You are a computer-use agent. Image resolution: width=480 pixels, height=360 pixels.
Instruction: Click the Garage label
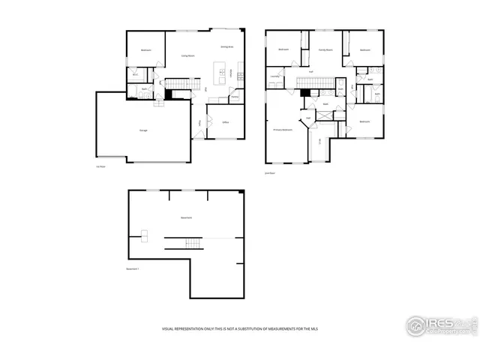142,130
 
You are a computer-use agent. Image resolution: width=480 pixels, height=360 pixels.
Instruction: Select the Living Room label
187,55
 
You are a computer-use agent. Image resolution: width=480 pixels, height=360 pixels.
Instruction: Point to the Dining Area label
226,46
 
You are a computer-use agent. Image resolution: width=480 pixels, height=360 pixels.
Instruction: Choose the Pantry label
234,97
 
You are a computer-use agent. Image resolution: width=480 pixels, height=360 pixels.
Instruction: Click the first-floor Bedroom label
145,50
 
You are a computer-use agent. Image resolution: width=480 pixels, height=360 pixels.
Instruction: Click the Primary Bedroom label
282,130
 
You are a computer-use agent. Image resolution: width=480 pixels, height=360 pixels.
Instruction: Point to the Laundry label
274,76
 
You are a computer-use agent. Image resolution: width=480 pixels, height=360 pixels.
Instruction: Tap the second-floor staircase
315,82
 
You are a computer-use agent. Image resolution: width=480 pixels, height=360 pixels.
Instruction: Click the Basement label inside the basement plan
186,217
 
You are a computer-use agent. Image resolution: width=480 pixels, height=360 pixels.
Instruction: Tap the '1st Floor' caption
99,167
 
